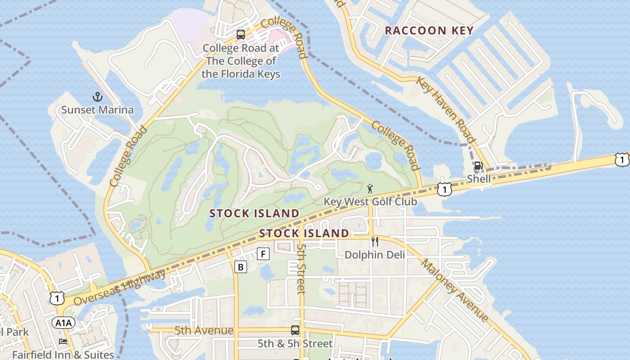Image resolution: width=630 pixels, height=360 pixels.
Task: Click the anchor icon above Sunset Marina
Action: (x=97, y=96)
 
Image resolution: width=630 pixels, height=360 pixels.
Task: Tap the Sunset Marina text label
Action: (x=97, y=110)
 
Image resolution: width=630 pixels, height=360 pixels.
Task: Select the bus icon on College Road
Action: (x=241, y=35)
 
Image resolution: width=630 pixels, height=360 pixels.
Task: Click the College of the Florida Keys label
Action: (x=241, y=61)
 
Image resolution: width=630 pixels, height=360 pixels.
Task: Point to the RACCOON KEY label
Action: (x=429, y=31)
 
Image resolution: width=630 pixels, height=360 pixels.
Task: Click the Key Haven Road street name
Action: (x=445, y=109)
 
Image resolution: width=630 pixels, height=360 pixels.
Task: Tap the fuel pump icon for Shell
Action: (x=478, y=166)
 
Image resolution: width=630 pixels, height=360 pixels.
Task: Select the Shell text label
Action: (x=478, y=179)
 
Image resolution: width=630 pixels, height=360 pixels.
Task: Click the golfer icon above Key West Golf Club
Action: (x=370, y=188)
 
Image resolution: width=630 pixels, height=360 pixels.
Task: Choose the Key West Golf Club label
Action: (x=370, y=201)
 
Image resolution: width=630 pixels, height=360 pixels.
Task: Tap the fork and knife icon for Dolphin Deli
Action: (x=374, y=242)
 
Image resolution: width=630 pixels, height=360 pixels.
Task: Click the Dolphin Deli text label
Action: (x=374, y=255)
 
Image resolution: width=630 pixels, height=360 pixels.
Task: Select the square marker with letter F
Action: (x=263, y=254)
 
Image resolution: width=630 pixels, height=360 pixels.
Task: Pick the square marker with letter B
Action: (x=241, y=267)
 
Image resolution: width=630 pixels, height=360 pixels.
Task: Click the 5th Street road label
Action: (x=301, y=269)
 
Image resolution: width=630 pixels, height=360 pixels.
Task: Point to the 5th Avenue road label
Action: (x=204, y=331)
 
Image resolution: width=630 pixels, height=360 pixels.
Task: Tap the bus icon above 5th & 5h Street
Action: (x=295, y=330)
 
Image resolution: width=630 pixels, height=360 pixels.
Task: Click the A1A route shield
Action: (x=63, y=323)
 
